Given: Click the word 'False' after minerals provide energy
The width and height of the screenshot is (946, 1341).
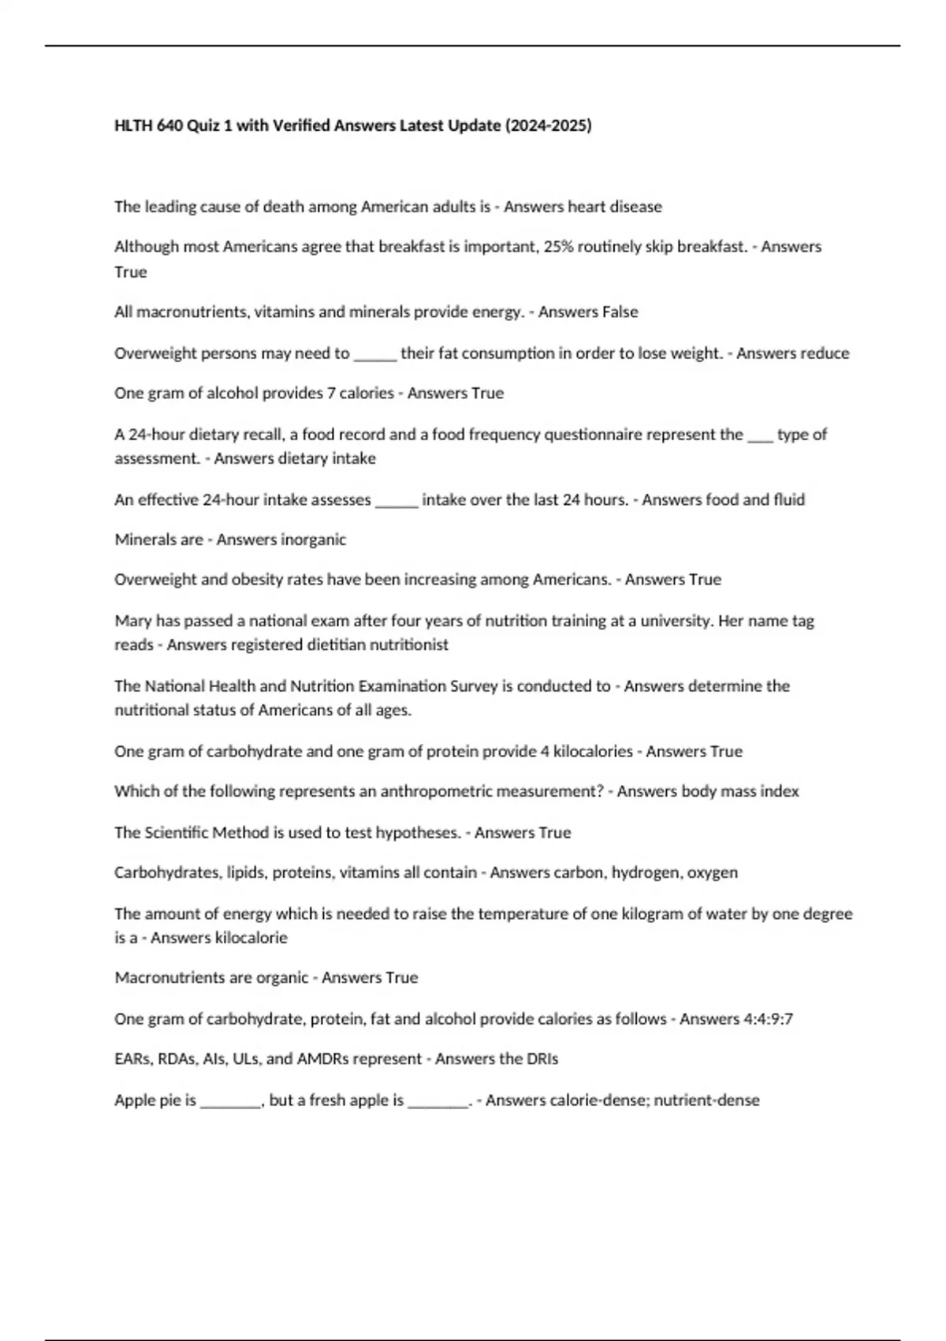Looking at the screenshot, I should tap(620, 312).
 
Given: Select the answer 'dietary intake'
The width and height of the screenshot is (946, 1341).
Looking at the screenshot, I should tap(333, 458).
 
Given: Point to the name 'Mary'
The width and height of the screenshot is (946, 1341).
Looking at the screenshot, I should tap(132, 621).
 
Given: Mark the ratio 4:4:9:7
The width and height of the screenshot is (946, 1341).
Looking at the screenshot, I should tap(768, 1019).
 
